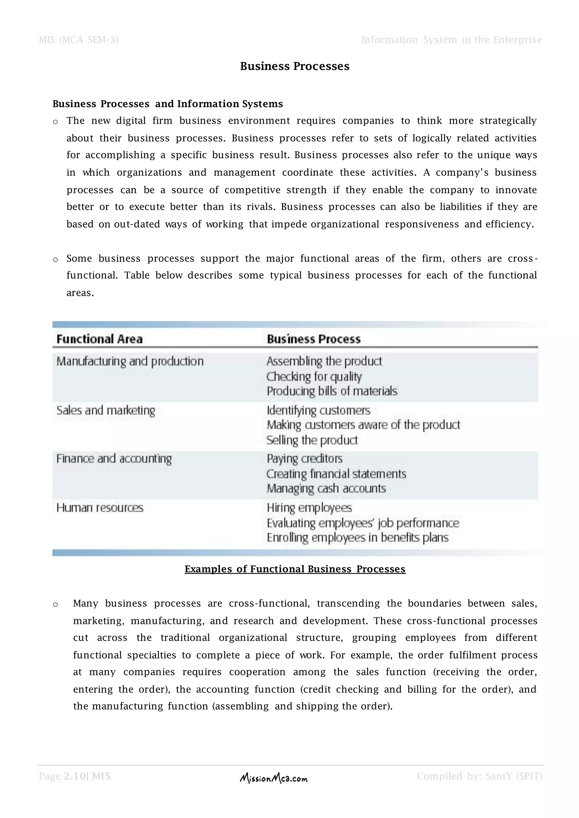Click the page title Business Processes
pyautogui.click(x=295, y=66)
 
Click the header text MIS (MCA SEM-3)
pyautogui.click(x=78, y=40)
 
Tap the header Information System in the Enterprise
pyautogui.click(x=451, y=40)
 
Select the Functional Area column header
pyautogui.click(x=100, y=339)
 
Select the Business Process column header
pyautogui.click(x=314, y=339)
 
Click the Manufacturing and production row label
pyautogui.click(x=130, y=361)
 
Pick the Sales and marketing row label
pyautogui.click(x=106, y=410)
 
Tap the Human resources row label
pyautogui.click(x=100, y=507)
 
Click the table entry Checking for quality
pyautogui.click(x=314, y=377)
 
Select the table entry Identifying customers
pyautogui.click(x=318, y=410)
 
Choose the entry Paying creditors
pyautogui.click(x=304, y=458)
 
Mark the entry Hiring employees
pyautogui.click(x=309, y=507)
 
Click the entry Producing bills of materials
pyautogui.click(x=332, y=391)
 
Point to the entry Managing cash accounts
pyautogui.click(x=326, y=488)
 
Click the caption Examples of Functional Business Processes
pyautogui.click(x=295, y=569)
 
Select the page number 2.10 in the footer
pyautogui.click(x=75, y=776)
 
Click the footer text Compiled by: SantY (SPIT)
pyautogui.click(x=479, y=776)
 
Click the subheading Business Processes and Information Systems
pyautogui.click(x=168, y=104)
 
